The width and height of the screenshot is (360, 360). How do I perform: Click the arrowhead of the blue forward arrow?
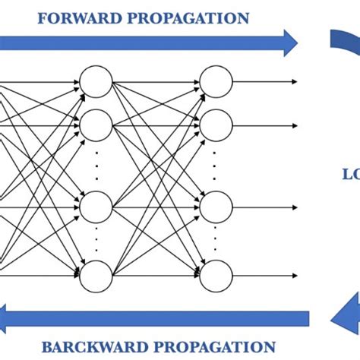pyautogui.click(x=290, y=43)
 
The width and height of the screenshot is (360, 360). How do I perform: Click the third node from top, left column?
pyautogui.click(x=96, y=205)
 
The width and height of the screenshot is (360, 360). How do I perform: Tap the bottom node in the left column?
pyautogui.click(x=96, y=275)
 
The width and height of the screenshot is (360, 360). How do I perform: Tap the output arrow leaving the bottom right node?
pyautogui.click(x=266, y=275)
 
